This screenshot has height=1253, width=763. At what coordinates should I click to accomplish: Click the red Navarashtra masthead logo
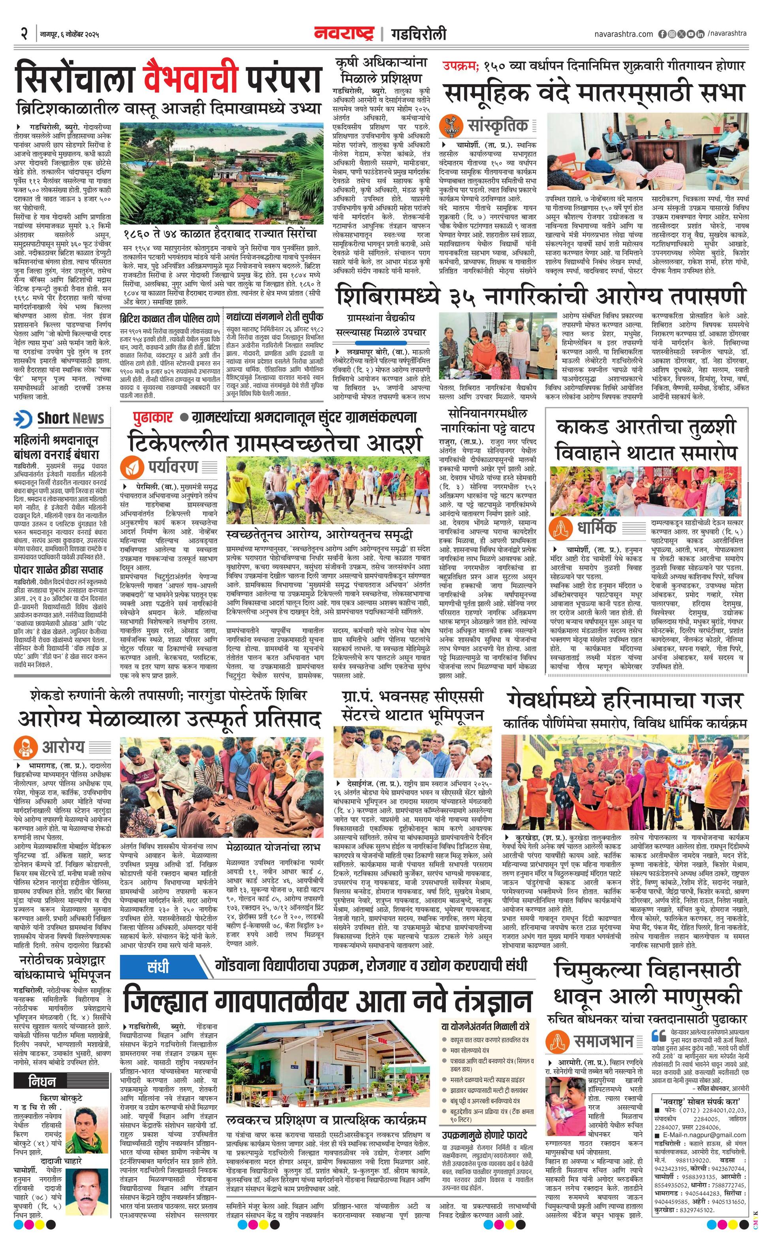point(345,34)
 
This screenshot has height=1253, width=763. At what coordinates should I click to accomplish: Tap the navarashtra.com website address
point(623,34)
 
